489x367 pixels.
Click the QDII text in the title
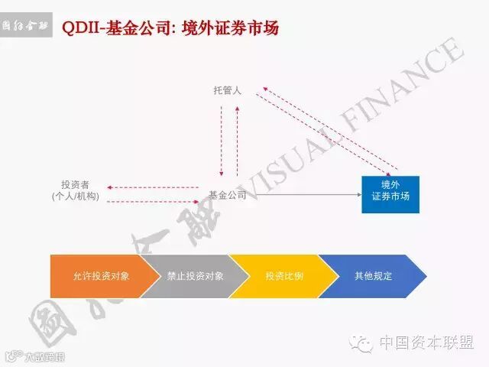[78, 28]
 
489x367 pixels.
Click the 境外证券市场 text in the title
[232, 28]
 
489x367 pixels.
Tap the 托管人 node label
[227, 91]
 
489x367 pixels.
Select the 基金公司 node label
[227, 195]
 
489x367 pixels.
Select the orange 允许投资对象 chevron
[96, 275]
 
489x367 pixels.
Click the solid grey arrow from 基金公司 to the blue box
[306, 195]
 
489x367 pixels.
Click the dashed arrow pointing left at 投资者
[153, 187]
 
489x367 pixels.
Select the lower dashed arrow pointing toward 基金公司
[153, 201]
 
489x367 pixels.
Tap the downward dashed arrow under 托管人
[221, 141]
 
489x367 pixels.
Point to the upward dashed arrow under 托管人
[237, 141]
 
